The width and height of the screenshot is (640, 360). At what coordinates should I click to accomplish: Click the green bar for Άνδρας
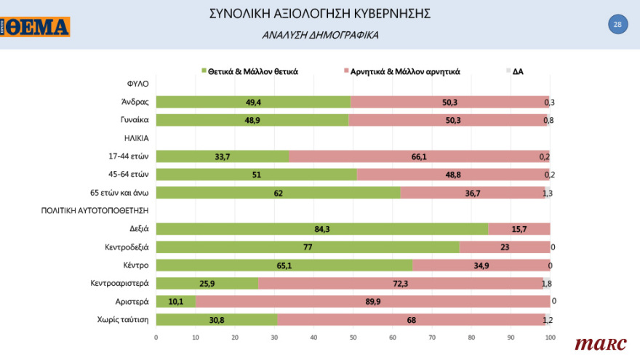(253, 102)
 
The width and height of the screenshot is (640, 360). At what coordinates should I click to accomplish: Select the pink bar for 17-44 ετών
(419, 156)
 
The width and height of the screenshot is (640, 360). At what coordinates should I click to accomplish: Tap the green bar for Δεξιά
(321, 229)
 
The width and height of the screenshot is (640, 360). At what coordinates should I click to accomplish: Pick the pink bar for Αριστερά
(372, 301)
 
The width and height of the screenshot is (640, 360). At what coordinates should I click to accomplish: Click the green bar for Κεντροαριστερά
(207, 283)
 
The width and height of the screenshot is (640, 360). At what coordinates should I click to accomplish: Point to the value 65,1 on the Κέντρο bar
(284, 265)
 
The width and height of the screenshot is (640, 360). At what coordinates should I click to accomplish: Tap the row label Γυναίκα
(135, 120)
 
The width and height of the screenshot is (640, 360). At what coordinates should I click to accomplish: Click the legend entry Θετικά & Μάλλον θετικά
(252, 71)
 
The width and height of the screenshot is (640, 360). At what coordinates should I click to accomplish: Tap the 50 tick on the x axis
(353, 337)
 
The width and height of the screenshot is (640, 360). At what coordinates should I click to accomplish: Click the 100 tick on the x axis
(551, 337)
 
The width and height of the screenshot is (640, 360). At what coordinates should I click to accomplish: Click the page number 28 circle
(617, 25)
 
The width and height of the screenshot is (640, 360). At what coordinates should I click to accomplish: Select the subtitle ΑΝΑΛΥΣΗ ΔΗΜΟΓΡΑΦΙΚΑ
(320, 35)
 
